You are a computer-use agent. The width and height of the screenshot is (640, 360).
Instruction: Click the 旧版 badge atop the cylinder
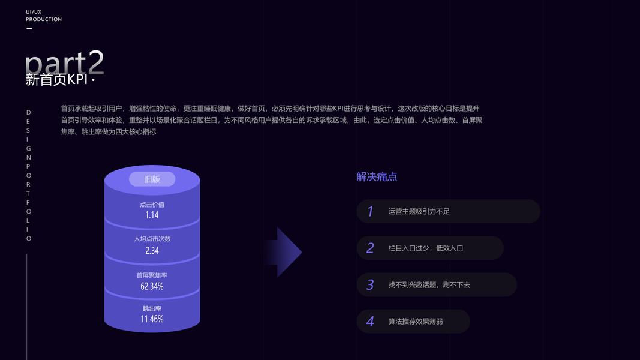tap(152, 179)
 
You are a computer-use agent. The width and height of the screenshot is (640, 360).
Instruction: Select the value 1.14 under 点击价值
tap(152, 215)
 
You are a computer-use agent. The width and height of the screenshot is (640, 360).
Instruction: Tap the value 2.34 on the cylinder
tap(152, 250)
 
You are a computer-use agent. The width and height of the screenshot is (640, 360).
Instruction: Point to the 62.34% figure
tap(152, 286)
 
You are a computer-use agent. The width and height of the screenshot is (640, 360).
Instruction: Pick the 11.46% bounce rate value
tap(152, 319)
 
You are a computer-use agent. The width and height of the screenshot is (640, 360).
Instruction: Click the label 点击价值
tap(152, 205)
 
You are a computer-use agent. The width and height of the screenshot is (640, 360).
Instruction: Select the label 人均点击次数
tap(152, 239)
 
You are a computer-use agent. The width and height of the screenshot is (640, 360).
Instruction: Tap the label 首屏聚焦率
tap(152, 275)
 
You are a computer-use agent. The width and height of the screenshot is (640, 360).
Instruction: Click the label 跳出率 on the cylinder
tap(152, 308)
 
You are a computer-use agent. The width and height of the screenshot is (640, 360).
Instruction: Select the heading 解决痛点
tap(377, 177)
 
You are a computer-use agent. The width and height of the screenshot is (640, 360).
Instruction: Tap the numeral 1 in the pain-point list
tap(370, 211)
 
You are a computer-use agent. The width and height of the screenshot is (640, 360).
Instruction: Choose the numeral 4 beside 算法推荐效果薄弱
tap(370, 322)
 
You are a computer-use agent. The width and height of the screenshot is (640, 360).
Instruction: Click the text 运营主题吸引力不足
tap(419, 211)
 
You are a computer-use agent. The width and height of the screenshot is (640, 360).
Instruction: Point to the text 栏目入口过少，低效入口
tap(425, 248)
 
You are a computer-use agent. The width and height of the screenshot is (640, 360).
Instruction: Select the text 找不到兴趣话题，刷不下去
tap(429, 284)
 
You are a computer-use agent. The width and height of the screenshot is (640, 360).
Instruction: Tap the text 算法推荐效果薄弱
tap(415, 322)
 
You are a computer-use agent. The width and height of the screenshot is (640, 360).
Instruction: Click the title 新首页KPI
tap(58, 80)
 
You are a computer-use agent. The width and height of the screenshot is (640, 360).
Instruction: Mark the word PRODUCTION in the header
tap(44, 19)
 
